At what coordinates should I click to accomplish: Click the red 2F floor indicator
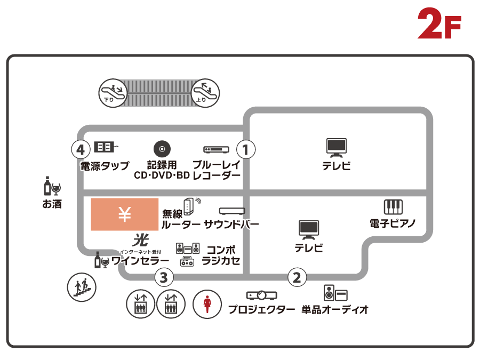click(439, 24)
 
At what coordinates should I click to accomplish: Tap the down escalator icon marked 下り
click(113, 93)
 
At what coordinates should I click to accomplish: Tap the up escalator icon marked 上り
click(205, 93)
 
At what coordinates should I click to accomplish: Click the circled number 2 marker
click(297, 277)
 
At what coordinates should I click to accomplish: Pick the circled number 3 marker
click(164, 277)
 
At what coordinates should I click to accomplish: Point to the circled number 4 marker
click(81, 149)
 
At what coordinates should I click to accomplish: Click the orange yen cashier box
click(124, 214)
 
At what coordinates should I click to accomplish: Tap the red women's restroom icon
click(207, 305)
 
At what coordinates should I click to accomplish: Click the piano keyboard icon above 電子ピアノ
click(393, 207)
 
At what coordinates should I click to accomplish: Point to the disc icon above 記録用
click(162, 149)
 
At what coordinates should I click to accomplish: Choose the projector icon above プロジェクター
click(261, 295)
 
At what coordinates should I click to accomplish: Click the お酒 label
click(52, 204)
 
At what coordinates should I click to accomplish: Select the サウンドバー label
click(231, 225)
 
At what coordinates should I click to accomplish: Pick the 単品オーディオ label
click(335, 309)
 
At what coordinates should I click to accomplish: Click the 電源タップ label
click(105, 166)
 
